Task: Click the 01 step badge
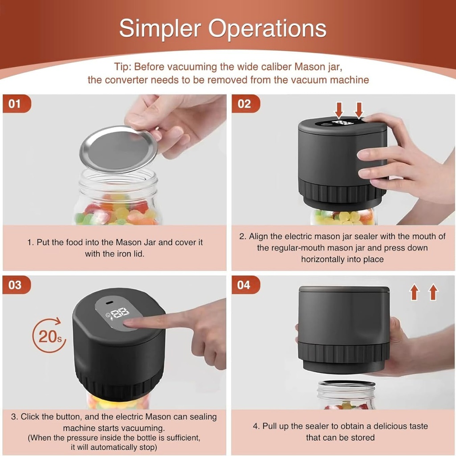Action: click(x=16, y=104)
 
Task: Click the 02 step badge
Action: click(x=244, y=104)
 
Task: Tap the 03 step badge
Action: click(x=16, y=285)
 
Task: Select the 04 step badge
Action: click(x=244, y=285)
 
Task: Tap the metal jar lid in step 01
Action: click(x=118, y=149)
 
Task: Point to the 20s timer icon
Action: click(x=49, y=335)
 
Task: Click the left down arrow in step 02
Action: click(x=339, y=110)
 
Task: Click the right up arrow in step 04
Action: click(x=433, y=293)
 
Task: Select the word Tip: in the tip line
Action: click(x=124, y=67)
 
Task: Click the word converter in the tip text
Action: click(x=126, y=80)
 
